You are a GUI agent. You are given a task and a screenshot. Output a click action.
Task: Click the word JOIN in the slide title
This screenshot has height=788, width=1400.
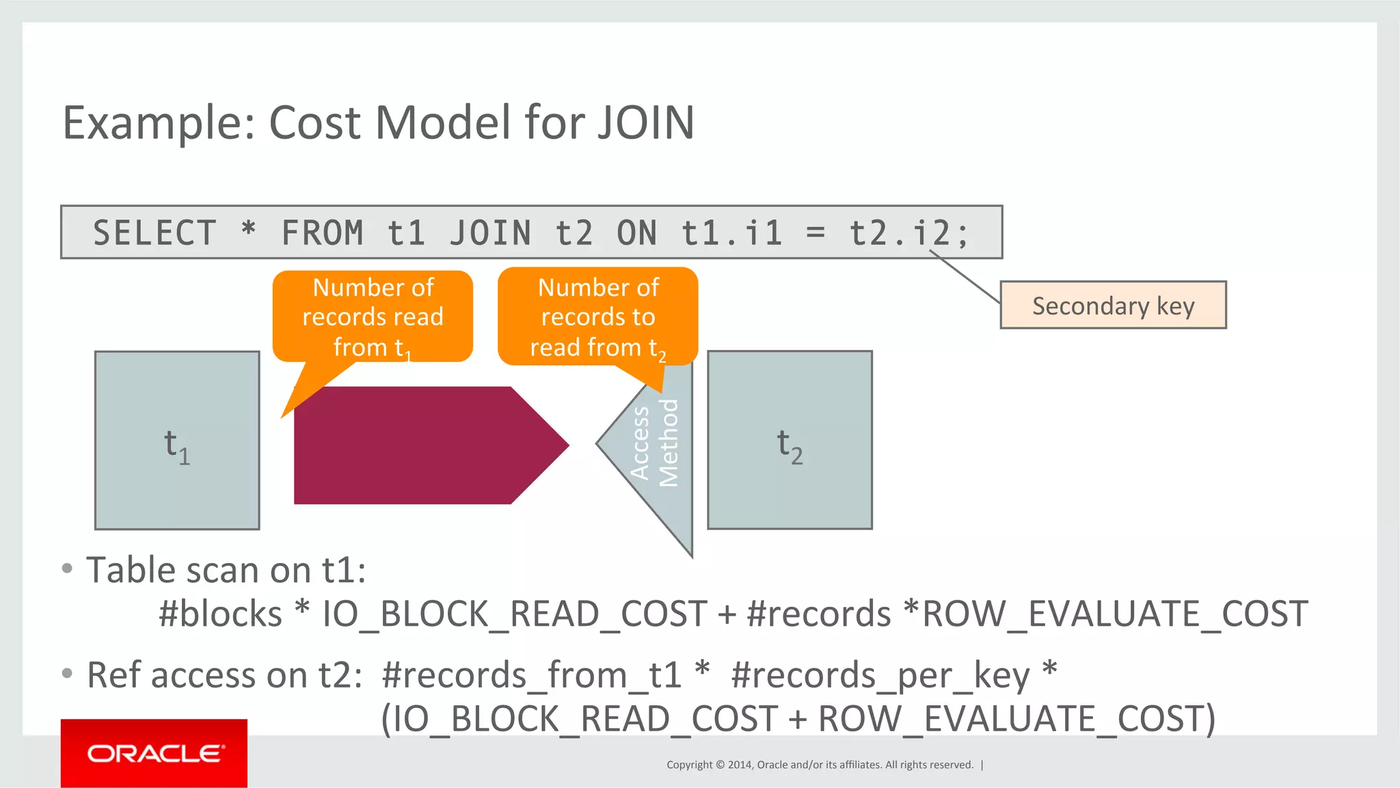[x=645, y=123]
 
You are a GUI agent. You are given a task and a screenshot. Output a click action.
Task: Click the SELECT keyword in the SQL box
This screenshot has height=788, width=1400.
[x=154, y=233]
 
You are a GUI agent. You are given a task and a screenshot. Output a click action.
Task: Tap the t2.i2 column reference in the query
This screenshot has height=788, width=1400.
[x=908, y=233]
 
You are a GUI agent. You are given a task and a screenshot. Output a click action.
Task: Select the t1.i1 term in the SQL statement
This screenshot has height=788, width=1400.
[x=731, y=233]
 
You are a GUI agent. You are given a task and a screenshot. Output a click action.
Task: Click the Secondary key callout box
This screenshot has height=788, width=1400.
[x=1113, y=305]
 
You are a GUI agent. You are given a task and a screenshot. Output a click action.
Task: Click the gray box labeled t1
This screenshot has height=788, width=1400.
[x=177, y=440]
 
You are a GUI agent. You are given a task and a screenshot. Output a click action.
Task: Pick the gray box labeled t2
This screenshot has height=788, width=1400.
[x=790, y=440]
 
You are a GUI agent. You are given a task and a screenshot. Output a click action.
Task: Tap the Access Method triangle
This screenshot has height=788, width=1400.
[x=656, y=451]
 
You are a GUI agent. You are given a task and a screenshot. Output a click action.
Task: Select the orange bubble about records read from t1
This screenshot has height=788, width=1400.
[x=373, y=316]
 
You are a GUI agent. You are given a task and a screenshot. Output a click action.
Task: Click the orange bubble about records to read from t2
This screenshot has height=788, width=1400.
[x=597, y=316]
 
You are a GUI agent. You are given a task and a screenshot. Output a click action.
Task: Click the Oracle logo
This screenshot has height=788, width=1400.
[x=154, y=753]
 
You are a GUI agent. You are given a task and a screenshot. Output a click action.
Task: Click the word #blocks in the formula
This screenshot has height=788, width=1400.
[x=220, y=614]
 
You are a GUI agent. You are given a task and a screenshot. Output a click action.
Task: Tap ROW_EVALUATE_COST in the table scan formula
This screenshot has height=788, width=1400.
[x=1114, y=614]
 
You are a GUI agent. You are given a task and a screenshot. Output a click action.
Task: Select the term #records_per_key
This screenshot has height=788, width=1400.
[x=880, y=675]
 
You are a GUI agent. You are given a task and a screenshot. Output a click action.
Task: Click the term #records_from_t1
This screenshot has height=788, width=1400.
[x=532, y=675]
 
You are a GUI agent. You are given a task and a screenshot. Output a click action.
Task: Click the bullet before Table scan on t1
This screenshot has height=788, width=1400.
[x=67, y=569]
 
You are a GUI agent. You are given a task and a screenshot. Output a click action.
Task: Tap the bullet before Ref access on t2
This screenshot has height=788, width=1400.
[x=67, y=674]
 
